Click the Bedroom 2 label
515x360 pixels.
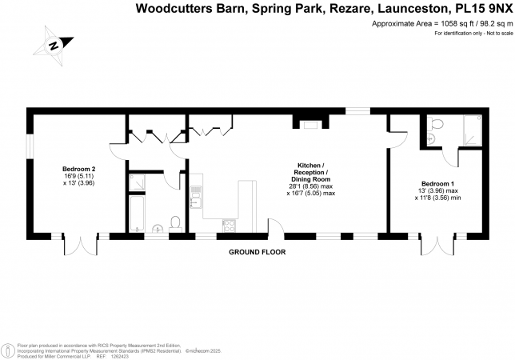tap(79, 169)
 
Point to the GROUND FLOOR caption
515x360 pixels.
tap(257, 252)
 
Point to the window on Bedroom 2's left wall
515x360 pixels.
tap(30, 147)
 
